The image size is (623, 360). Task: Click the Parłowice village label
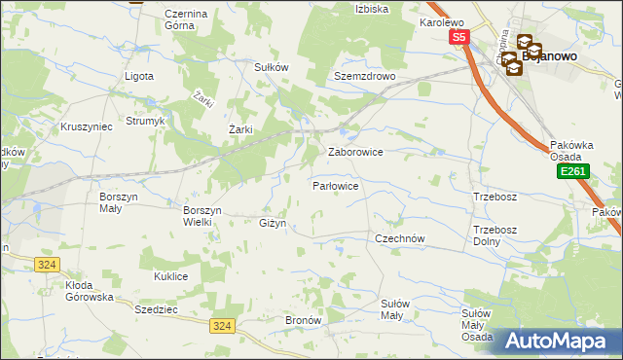click(x=336, y=185)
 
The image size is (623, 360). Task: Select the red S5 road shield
click(x=459, y=37)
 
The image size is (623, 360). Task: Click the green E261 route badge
click(x=571, y=172)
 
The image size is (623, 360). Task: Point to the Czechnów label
click(x=401, y=237)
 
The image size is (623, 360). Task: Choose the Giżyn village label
click(x=273, y=223)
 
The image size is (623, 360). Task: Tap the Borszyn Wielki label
click(x=203, y=215)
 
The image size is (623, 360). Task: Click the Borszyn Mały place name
click(x=120, y=201)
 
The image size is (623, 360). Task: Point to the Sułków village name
click(x=272, y=67)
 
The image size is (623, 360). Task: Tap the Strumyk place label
click(x=146, y=122)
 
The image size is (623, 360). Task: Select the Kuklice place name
click(x=170, y=276)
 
